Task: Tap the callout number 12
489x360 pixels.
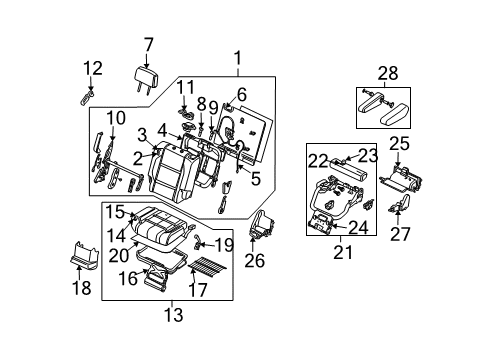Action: pyautogui.click(x=91, y=68)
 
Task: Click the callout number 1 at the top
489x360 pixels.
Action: pyautogui.click(x=238, y=57)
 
